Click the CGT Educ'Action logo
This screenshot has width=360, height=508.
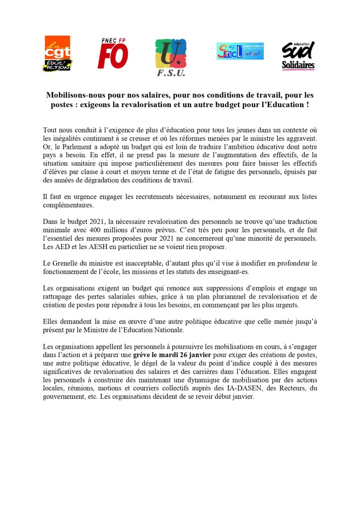(x=57, y=54)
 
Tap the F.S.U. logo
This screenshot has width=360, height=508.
(x=171, y=57)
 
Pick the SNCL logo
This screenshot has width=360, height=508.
(x=240, y=51)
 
